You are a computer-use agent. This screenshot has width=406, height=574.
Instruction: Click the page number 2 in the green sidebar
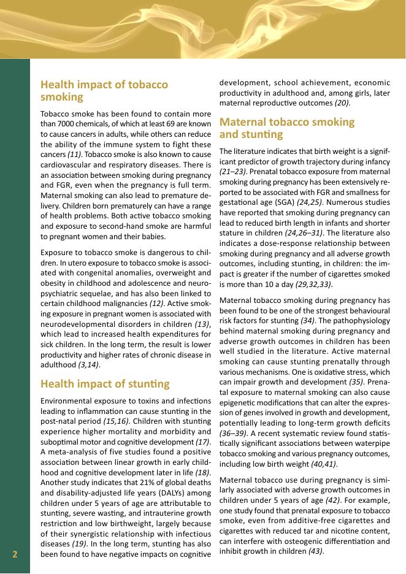tap(15, 554)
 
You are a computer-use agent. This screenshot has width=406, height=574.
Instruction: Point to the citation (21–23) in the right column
tap(231, 171)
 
